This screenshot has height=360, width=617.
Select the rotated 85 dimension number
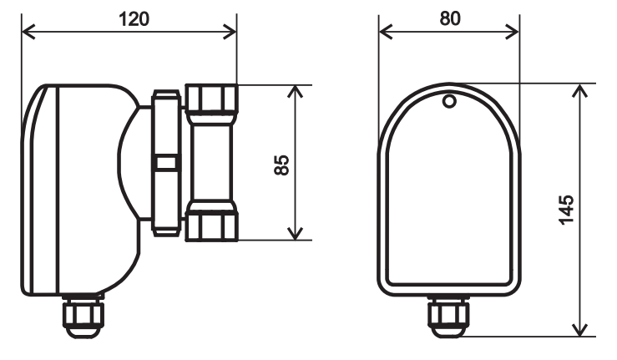tap(281, 164)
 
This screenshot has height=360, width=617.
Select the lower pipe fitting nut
tap(212, 221)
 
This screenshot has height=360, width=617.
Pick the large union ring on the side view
tap(164, 125)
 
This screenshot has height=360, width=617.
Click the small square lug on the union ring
tap(167, 162)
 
